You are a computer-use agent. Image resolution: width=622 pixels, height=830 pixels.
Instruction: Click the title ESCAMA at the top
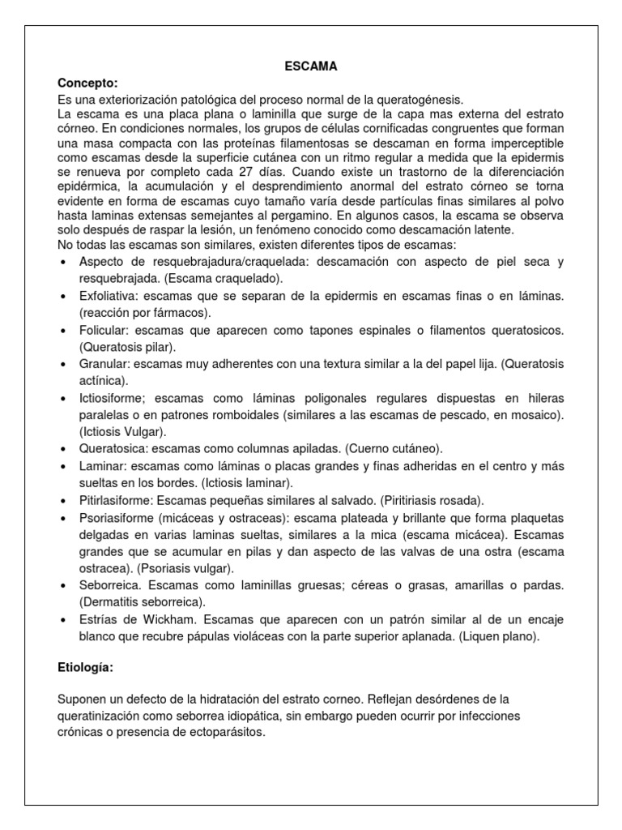coord(310,67)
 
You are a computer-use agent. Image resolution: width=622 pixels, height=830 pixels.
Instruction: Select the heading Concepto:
coord(87,83)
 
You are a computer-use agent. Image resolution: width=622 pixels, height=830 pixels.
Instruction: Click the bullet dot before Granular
coord(64,365)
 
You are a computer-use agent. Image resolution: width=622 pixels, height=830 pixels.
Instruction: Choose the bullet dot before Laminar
coord(64,466)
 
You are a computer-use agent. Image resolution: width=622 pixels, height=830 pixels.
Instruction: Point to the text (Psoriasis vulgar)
coord(181,568)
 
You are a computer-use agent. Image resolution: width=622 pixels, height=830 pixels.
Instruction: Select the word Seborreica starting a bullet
coord(111,585)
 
